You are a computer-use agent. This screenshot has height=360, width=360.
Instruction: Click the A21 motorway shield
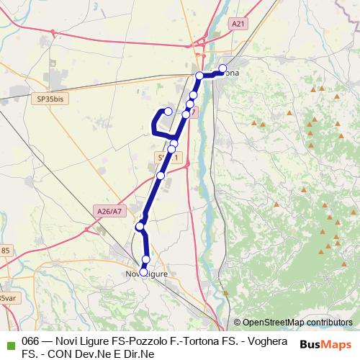point(238,24)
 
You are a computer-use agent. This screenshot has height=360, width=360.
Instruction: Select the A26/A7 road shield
point(108,210)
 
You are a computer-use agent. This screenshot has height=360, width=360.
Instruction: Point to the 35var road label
point(7,297)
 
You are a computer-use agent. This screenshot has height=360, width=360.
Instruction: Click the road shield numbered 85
point(6,250)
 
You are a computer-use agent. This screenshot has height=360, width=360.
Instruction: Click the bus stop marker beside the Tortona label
point(222,68)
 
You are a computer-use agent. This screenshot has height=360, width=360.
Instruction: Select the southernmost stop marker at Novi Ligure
point(143,272)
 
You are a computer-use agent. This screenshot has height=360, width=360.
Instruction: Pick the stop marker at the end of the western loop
point(168,111)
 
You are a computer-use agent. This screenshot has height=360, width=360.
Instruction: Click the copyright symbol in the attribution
point(238,323)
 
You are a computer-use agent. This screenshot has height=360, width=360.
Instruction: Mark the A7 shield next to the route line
point(189,113)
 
